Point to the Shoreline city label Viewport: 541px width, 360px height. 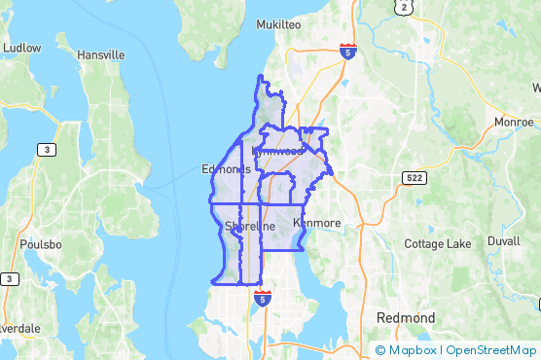(x=250, y=227)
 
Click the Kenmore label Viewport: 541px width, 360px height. (x=317, y=223)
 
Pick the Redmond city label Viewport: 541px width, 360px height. (x=406, y=318)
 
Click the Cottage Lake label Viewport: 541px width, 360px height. (x=438, y=243)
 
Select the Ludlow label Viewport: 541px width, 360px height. (x=21, y=47)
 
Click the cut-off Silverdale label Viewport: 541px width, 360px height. (x=19, y=328)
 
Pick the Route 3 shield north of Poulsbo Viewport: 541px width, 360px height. (x=46, y=149)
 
